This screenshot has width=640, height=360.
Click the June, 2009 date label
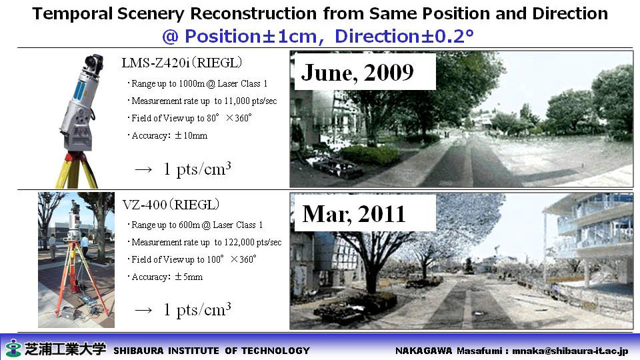[357, 73]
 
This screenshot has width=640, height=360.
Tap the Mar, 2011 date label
[354, 214]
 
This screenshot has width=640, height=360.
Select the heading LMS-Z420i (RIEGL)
[181, 63]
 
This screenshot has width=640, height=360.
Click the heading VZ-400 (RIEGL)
[171, 204]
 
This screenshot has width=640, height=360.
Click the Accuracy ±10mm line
[168, 135]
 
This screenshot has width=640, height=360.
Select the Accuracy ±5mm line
[165, 277]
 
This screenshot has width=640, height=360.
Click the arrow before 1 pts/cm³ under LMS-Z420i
[144, 169]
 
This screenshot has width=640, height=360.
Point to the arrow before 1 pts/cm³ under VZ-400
[144, 310]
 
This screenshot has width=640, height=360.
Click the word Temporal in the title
[72, 14]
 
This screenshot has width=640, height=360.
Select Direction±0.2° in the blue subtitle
[404, 36]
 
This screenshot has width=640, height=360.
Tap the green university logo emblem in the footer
[13, 348]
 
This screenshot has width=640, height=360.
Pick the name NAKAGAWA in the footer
[424, 351]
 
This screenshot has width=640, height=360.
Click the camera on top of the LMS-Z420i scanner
[93, 61]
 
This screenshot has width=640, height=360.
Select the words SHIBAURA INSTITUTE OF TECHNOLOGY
[211, 351]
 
